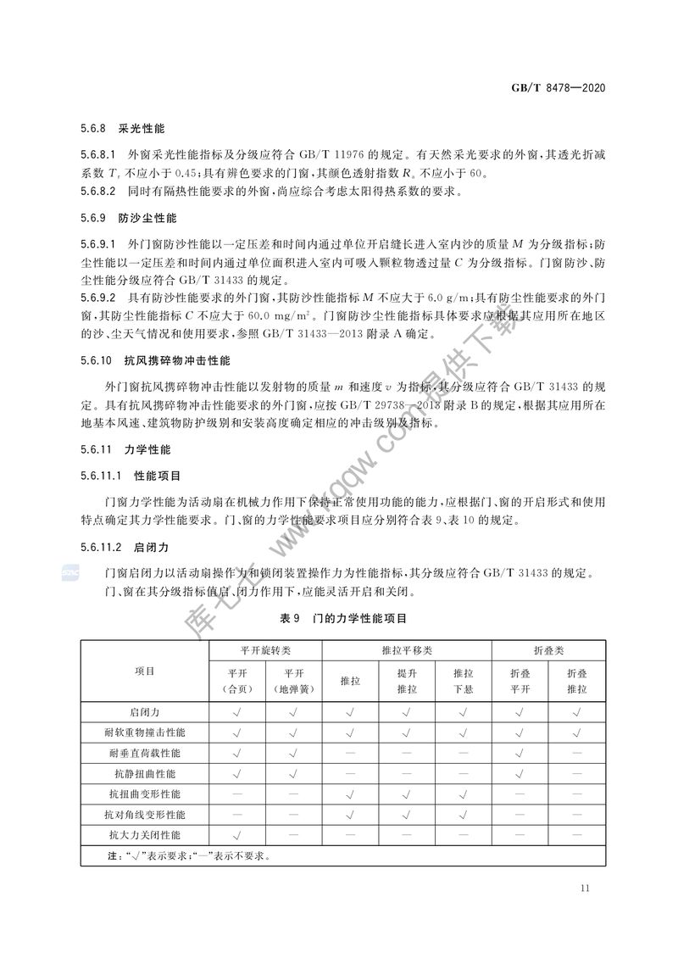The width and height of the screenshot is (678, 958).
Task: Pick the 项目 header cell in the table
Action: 145,671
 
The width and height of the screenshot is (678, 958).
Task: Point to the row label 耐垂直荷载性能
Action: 145,752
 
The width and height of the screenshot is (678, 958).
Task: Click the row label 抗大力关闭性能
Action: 145,835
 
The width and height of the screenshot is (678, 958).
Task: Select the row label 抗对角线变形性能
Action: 145,815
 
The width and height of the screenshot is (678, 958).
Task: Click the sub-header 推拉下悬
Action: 464,680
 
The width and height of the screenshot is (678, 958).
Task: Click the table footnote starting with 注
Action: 187,855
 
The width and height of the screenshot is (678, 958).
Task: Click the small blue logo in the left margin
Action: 68,575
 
